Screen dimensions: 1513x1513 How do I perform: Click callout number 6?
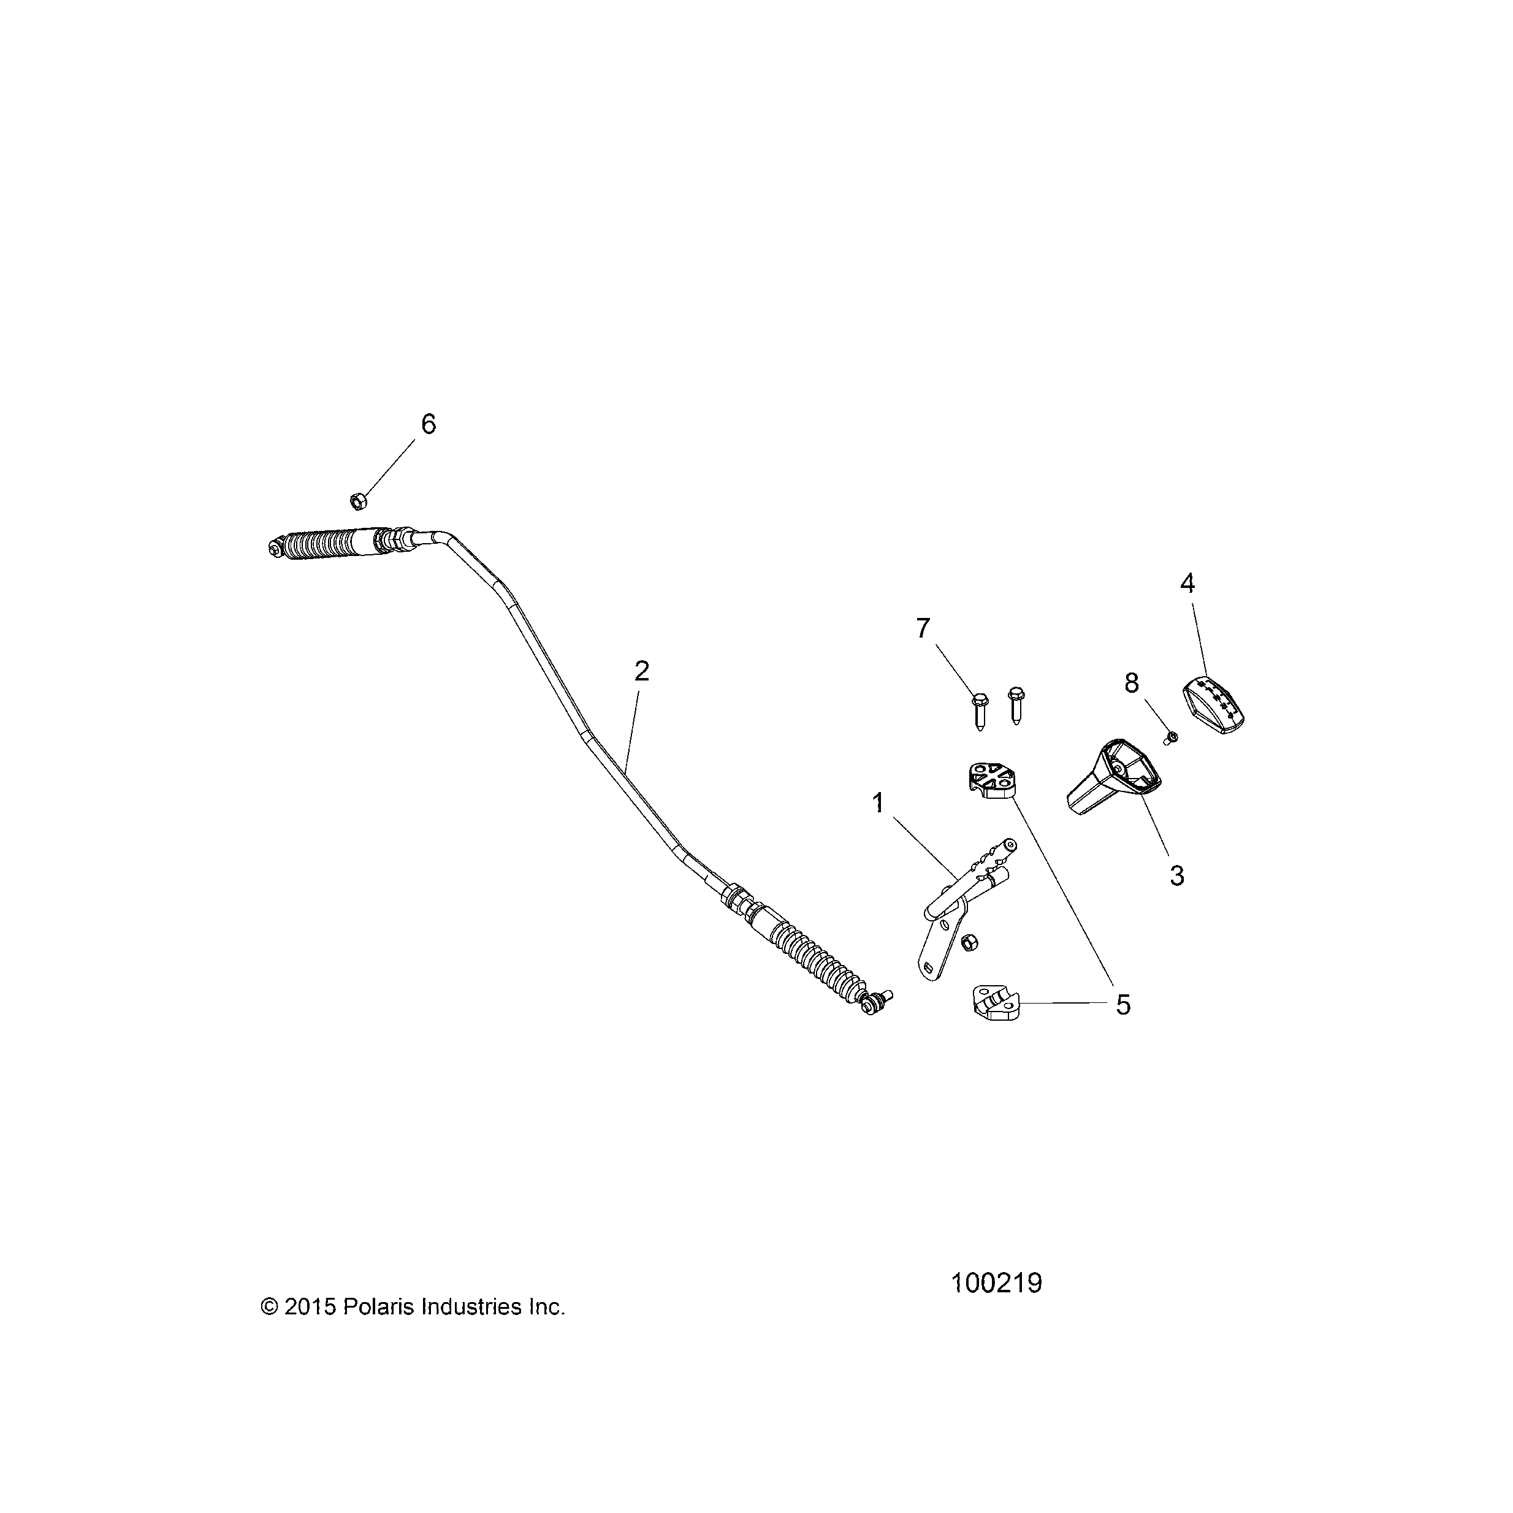429,424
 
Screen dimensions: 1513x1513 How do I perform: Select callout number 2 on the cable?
641,671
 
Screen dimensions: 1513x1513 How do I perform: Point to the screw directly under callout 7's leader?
980,711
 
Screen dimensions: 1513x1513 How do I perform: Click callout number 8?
1132,683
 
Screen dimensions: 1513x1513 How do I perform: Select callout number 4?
1187,584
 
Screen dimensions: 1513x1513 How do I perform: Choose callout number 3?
1177,875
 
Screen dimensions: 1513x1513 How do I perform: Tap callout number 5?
1123,1005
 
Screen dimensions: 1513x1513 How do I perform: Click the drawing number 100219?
996,1284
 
